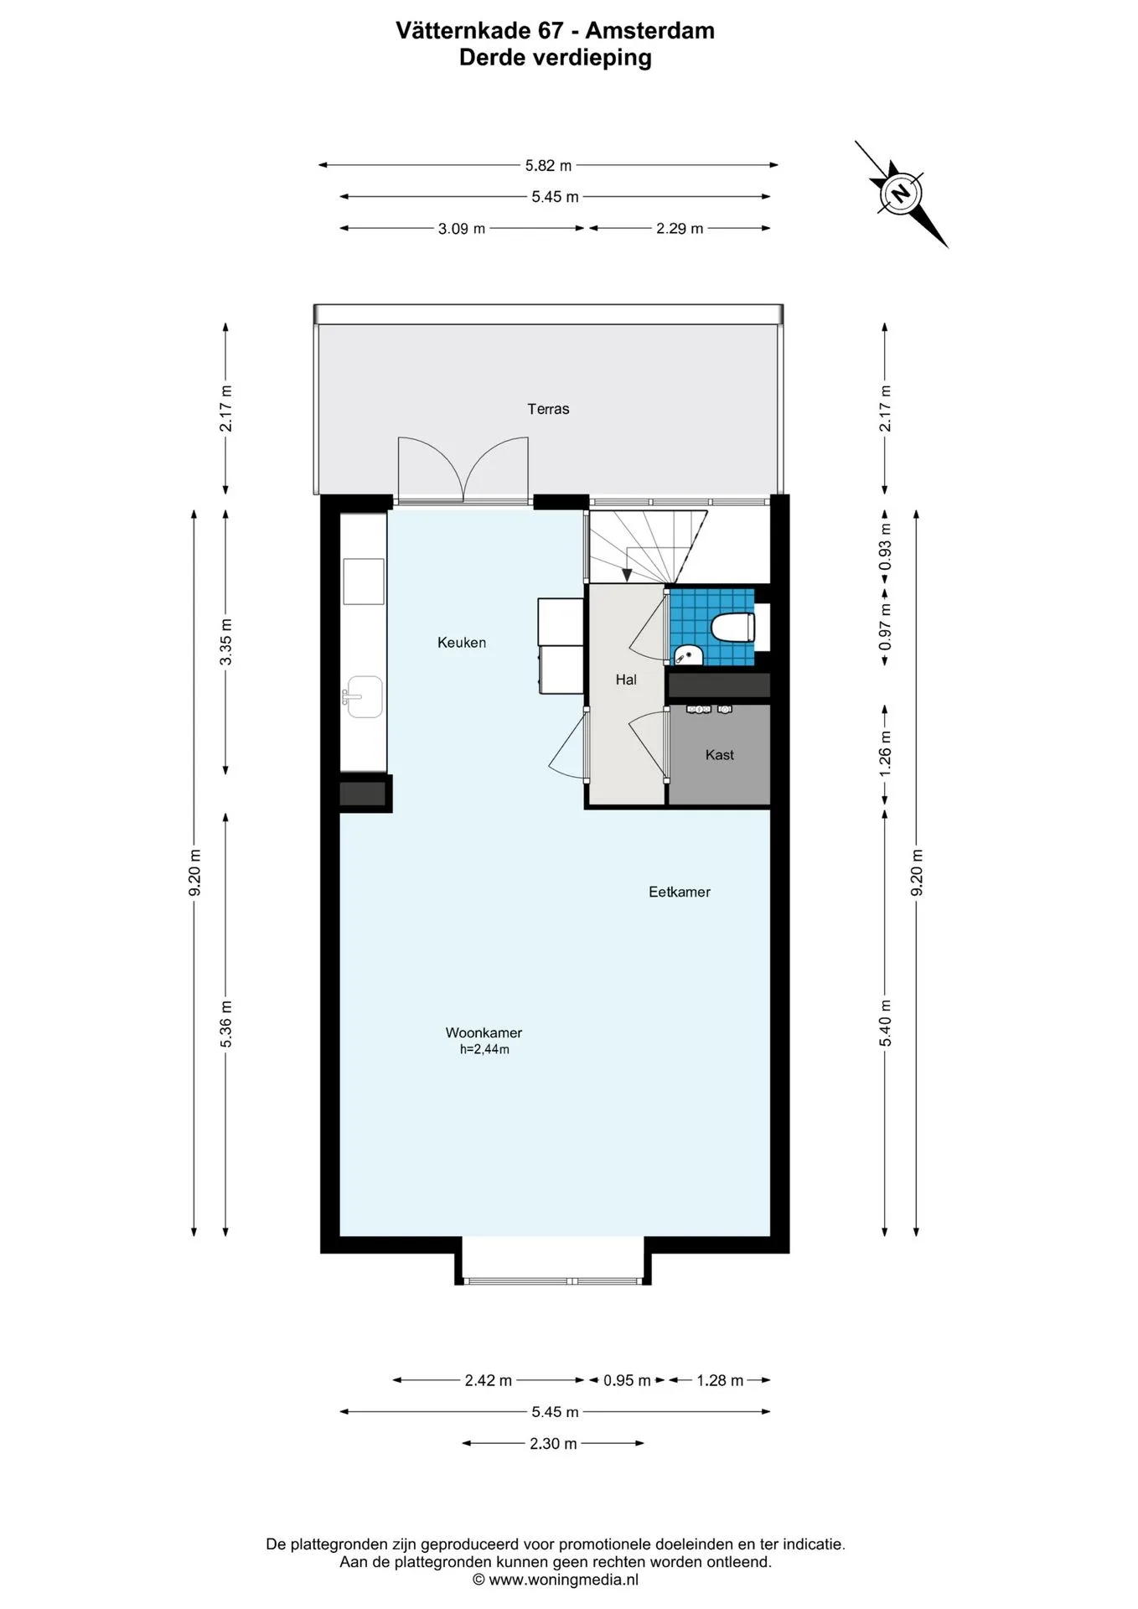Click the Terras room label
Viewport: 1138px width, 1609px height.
coord(548,409)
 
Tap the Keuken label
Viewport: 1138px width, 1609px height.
coord(462,643)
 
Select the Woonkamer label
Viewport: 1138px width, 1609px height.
coord(484,1033)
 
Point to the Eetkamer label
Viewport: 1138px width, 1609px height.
coord(680,892)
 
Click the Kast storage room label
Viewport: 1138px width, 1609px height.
coord(720,755)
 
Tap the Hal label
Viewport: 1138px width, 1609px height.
coord(626,680)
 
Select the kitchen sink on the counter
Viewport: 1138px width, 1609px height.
coord(363,697)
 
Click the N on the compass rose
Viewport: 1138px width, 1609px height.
coord(901,194)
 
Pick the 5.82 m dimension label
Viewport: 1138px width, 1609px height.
coord(548,166)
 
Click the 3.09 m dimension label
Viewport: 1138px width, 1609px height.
coord(462,229)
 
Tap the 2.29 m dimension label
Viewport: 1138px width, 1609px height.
coord(680,228)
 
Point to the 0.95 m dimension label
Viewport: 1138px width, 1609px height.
coord(627,1380)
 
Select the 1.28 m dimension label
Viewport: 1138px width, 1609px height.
coord(720,1380)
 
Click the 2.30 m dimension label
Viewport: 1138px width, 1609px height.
coord(553,1443)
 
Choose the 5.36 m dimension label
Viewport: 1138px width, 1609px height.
coord(226,1024)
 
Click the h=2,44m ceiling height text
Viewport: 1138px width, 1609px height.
coord(484,1049)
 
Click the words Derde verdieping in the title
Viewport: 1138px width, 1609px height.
coord(556,58)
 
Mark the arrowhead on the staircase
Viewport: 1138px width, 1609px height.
coord(627,575)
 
